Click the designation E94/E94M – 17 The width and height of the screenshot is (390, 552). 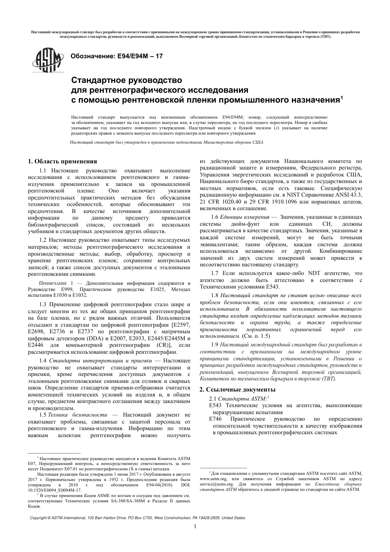(x=117, y=56)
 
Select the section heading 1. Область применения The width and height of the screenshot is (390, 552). (x=62, y=161)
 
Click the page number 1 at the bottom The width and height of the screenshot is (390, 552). (x=195, y=527)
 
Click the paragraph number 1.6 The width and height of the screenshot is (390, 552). (x=214, y=217)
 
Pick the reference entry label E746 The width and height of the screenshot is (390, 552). (x=216, y=419)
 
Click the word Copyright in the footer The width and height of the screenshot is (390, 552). (x=39, y=518)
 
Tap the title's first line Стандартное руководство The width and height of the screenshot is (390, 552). (x=126, y=80)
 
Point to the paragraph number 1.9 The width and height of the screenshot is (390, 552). (x=214, y=345)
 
